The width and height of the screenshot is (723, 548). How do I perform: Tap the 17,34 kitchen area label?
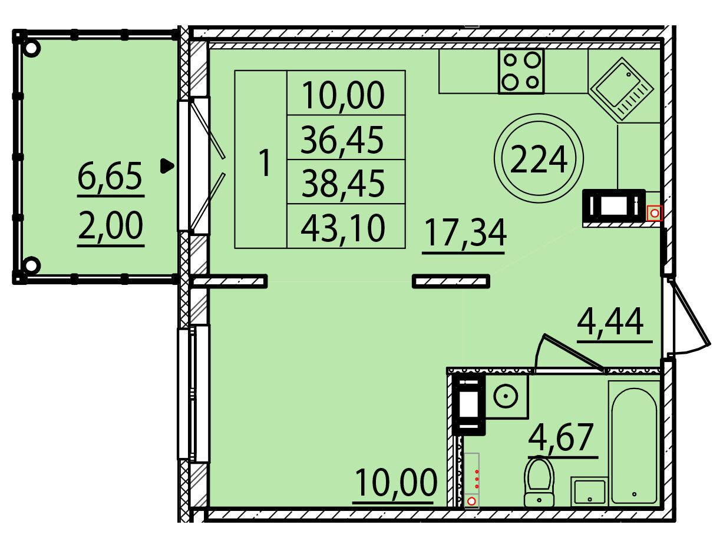coord(466,233)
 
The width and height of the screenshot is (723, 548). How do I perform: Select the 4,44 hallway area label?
coord(610,321)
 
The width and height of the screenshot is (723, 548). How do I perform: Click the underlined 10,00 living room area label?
coord(396,483)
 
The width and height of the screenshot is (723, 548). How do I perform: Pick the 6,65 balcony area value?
coord(110,175)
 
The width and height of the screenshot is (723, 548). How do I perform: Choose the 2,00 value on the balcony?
coord(111,225)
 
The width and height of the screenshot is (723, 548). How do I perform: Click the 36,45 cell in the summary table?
coord(342,140)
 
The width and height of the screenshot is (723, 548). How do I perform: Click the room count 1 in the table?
coord(265,163)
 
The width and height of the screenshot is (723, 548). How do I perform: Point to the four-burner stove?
coord(521,71)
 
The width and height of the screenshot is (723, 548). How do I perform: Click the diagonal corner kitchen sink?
coord(622,88)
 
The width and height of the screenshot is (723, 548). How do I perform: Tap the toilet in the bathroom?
coord(539,483)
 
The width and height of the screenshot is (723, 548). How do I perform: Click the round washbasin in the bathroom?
coord(506,397)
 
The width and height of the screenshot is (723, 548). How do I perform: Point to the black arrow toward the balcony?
coord(167,166)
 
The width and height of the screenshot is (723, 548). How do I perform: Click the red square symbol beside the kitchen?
coord(655,213)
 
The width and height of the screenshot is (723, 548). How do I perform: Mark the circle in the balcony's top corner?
coord(31,49)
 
